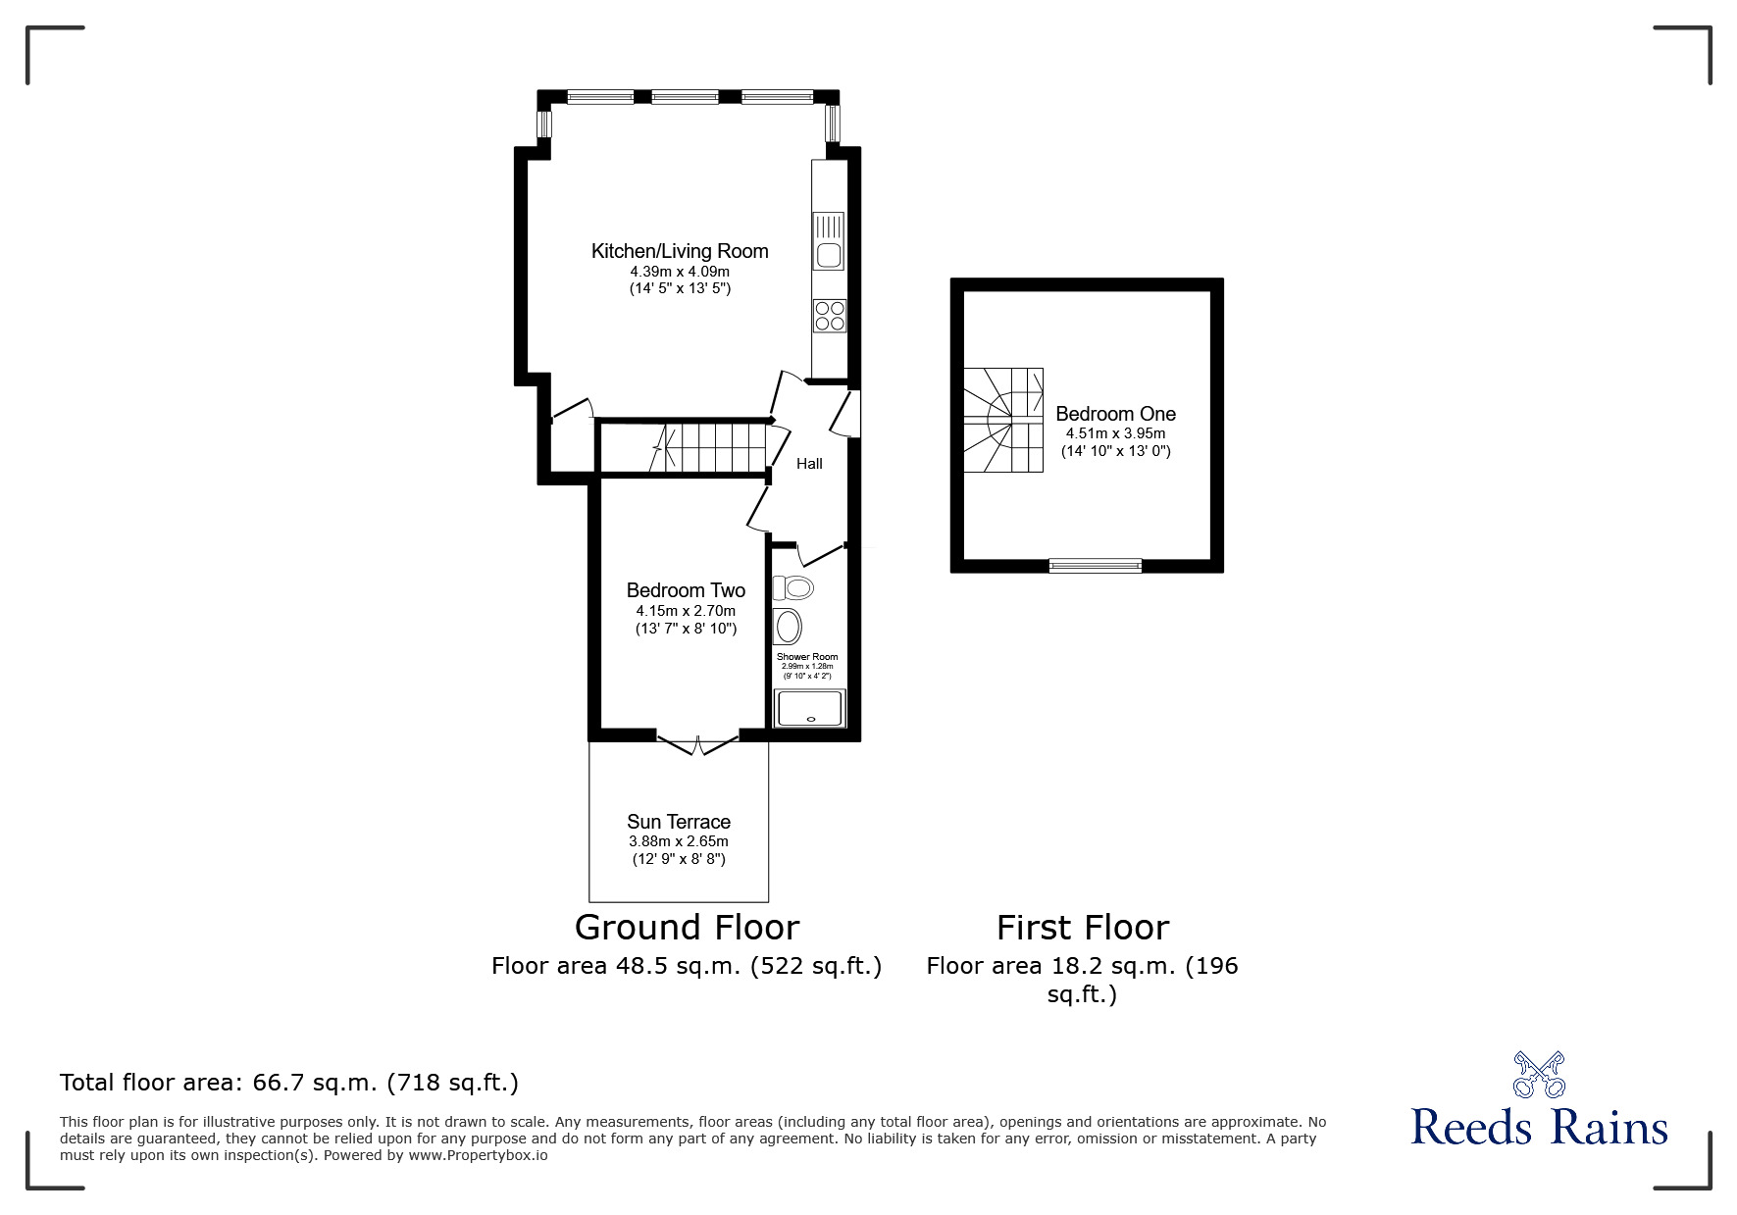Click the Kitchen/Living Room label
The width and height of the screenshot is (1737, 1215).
click(x=680, y=251)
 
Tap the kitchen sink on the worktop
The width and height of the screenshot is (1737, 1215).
click(x=829, y=241)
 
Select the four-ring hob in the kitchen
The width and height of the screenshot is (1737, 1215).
click(x=830, y=316)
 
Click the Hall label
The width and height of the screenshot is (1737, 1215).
click(x=809, y=464)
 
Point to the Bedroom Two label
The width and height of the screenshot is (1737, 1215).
click(x=686, y=590)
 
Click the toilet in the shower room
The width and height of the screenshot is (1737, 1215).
click(x=793, y=588)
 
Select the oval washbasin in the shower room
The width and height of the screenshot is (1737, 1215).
click(x=788, y=626)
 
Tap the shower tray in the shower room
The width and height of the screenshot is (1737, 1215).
click(x=809, y=708)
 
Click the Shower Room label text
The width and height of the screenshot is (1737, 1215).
click(x=807, y=657)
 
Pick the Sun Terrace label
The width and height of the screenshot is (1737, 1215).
click(x=679, y=822)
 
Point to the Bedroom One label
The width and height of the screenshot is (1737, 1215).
click(x=1115, y=414)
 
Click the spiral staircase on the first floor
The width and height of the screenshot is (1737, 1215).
click(x=1002, y=420)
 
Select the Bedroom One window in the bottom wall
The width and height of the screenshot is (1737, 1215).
click(x=1096, y=565)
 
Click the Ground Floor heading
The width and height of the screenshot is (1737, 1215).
click(x=687, y=928)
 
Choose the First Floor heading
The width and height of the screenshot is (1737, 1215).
click(x=1083, y=928)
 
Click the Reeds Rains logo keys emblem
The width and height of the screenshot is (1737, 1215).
click(x=1539, y=1075)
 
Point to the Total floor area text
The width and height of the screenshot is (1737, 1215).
click(x=289, y=1083)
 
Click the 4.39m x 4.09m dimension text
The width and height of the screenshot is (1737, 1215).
click(x=680, y=272)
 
